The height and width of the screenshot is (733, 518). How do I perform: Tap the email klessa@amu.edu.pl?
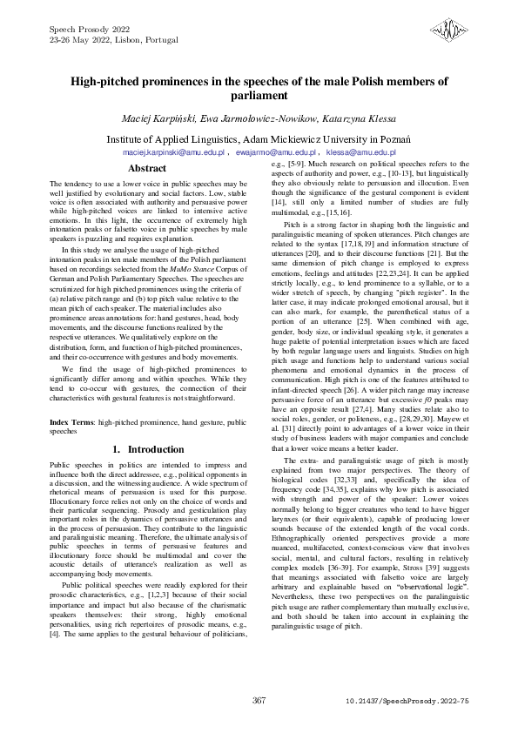(x=360, y=151)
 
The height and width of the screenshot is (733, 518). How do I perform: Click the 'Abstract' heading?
(x=147, y=168)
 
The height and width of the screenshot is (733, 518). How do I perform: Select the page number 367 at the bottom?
(x=259, y=702)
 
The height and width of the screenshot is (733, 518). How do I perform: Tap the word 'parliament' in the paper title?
(x=259, y=96)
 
